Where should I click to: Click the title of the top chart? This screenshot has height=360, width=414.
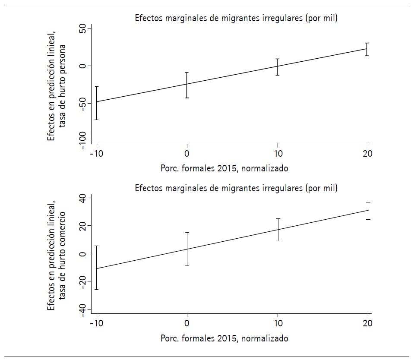tap(236, 18)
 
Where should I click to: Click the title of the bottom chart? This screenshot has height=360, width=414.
tap(236, 188)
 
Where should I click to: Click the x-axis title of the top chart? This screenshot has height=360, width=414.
tap(224, 169)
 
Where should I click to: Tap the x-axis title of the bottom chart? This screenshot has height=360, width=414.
tap(224, 338)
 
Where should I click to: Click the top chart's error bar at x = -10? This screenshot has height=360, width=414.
tap(97, 103)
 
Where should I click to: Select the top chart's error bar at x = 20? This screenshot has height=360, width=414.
tap(367, 49)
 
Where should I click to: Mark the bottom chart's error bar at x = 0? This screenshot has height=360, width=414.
tap(187, 249)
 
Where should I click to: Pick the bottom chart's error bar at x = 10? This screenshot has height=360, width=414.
tap(278, 230)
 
